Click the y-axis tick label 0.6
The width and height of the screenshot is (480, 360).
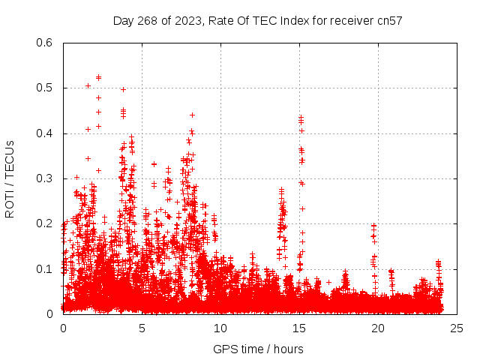45,43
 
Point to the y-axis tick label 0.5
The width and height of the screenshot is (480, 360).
45,88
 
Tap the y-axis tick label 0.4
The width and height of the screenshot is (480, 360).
45,133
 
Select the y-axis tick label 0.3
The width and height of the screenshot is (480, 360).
45,178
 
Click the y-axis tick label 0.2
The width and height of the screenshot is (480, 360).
45,223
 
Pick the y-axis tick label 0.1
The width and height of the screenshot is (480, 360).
45,268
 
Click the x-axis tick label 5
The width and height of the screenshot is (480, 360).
142,328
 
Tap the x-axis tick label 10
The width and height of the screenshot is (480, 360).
220,328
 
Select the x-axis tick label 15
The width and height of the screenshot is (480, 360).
299,328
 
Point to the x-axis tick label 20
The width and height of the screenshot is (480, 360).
378,328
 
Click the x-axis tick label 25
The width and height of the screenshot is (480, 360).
457,328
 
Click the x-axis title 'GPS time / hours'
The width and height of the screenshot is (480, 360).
258,349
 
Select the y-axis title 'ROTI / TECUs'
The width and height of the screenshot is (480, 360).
10,178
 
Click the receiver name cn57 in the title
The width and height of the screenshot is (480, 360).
389,21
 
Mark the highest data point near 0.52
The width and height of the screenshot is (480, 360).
98,77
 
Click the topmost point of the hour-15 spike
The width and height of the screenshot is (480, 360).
301,117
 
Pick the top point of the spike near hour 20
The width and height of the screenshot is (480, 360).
373,225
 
